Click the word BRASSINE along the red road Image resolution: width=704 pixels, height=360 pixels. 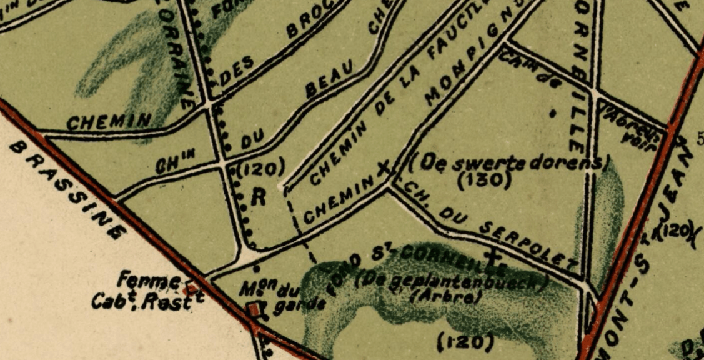[65, 190]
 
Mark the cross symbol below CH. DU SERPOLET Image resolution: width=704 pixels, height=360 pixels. [496, 259]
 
